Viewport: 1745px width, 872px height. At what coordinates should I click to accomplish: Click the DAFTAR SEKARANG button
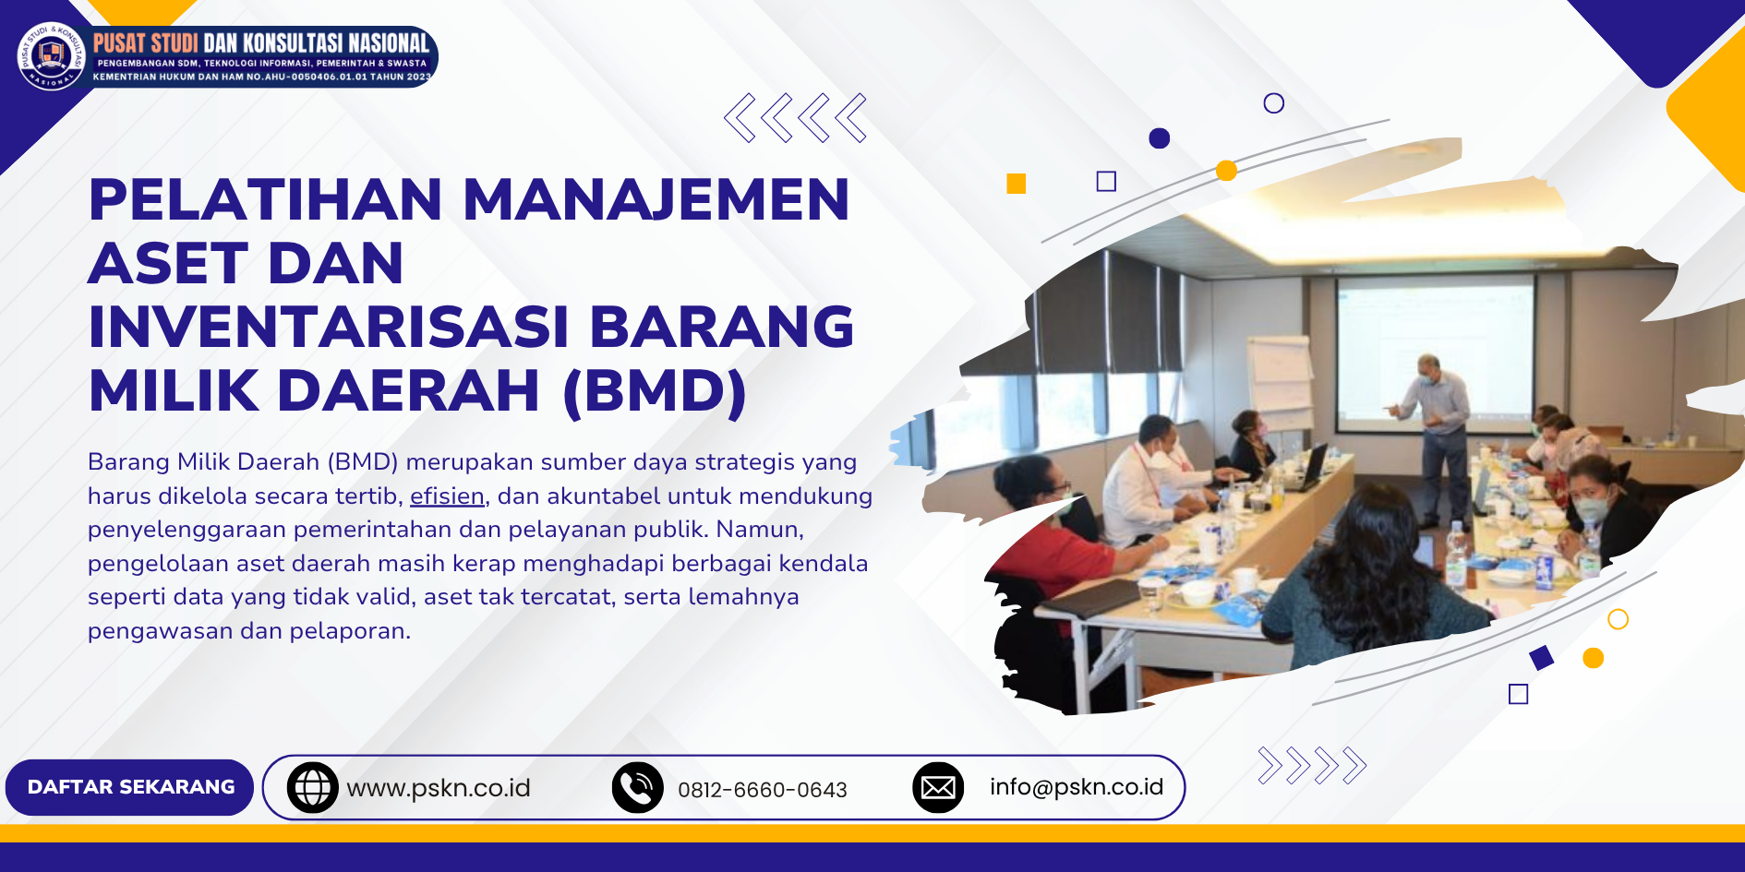(x=129, y=787)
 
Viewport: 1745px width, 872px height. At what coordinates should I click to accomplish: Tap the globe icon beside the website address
(x=313, y=787)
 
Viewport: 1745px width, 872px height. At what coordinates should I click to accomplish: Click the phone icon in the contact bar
(x=638, y=787)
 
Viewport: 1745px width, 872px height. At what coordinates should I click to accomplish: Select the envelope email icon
(x=938, y=787)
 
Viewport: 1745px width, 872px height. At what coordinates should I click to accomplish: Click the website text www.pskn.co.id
(x=439, y=788)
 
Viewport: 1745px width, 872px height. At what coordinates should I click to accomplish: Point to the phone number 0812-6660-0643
(x=763, y=790)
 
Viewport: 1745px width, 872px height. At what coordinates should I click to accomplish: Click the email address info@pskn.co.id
(x=1077, y=787)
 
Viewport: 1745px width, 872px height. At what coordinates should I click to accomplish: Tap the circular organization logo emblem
(x=52, y=55)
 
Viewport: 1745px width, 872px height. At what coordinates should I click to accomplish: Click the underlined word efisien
(x=447, y=496)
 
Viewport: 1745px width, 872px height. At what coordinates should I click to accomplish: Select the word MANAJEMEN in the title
(x=656, y=199)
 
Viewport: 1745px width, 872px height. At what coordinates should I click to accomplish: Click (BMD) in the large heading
(x=655, y=391)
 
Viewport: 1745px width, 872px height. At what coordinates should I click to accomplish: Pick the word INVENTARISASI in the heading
(x=329, y=327)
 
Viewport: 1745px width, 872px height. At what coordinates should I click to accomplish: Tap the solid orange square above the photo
(x=1017, y=184)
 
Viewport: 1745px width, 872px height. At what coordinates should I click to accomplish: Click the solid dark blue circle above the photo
(x=1160, y=138)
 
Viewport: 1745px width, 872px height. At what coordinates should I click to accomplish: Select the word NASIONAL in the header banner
(x=389, y=43)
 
